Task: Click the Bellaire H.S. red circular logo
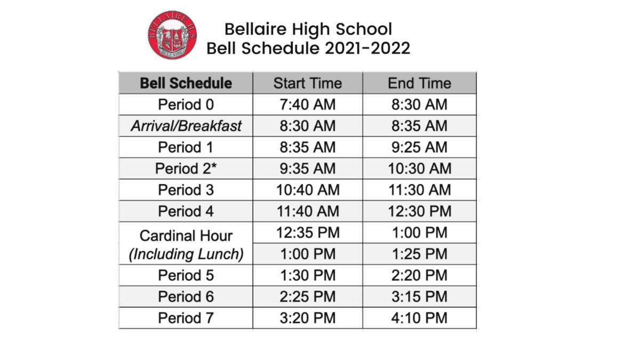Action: click(172, 36)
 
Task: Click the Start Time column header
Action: click(307, 83)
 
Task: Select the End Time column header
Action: click(419, 83)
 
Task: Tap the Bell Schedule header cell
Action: click(186, 83)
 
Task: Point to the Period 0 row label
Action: click(186, 105)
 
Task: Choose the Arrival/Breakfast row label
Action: click(186, 126)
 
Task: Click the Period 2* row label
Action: click(186, 169)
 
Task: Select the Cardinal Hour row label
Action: click(186, 236)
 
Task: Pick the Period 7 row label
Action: click(186, 318)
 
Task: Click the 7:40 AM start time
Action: click(307, 105)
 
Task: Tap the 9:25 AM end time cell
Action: click(419, 147)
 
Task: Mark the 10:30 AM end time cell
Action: click(419, 169)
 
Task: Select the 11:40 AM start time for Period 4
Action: click(307, 211)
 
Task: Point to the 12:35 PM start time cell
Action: click(307, 233)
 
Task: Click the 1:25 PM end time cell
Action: click(419, 254)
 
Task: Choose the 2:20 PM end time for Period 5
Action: click(419, 275)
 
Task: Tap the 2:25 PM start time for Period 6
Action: click(307, 297)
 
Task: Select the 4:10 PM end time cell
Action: click(419, 318)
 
